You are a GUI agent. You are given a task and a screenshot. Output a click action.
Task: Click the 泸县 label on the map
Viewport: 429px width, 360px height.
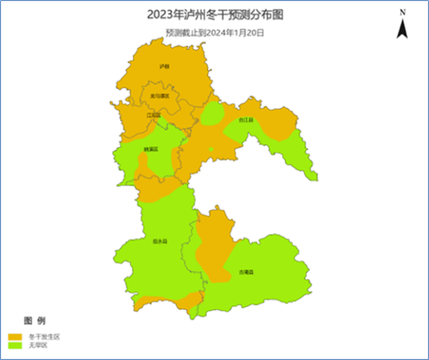[164, 66]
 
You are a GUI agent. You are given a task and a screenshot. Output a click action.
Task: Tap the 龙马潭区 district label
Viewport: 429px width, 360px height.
[160, 96]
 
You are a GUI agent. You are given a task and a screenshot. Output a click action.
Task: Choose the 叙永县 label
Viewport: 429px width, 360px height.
[160, 241]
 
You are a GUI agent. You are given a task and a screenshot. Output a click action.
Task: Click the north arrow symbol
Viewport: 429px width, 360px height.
[402, 28]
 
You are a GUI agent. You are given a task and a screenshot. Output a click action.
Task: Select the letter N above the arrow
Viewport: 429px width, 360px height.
[402, 12]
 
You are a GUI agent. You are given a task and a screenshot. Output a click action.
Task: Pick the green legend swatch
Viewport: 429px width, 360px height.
[15, 345]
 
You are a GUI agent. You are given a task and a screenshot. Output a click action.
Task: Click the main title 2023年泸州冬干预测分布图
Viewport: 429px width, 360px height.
[214, 15]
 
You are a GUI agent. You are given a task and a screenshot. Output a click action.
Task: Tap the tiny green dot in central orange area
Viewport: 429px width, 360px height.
[210, 149]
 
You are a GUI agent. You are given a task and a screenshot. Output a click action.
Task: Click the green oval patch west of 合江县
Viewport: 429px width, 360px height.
[213, 115]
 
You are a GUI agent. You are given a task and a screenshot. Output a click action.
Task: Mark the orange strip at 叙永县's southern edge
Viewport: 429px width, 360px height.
[168, 301]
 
